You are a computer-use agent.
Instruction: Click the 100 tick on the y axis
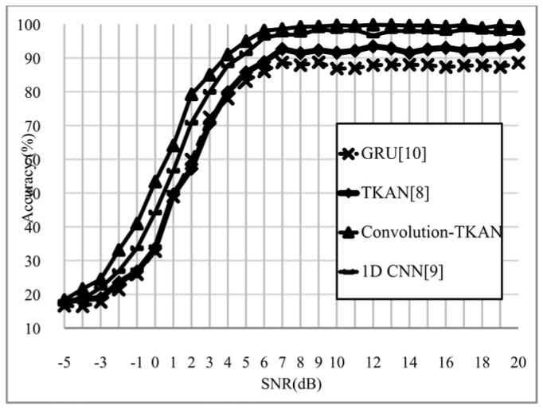coord(34,25)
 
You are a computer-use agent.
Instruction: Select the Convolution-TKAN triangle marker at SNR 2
coord(192,95)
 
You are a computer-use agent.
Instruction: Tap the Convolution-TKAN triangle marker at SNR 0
coord(155,182)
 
